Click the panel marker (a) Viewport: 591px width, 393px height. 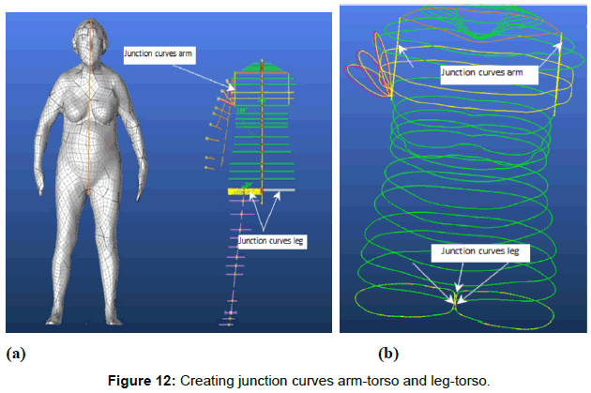(x=16, y=354)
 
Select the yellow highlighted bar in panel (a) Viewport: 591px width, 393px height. (x=243, y=191)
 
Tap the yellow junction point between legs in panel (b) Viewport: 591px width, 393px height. (x=455, y=300)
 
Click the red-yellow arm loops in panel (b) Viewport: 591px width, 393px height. (x=370, y=71)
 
